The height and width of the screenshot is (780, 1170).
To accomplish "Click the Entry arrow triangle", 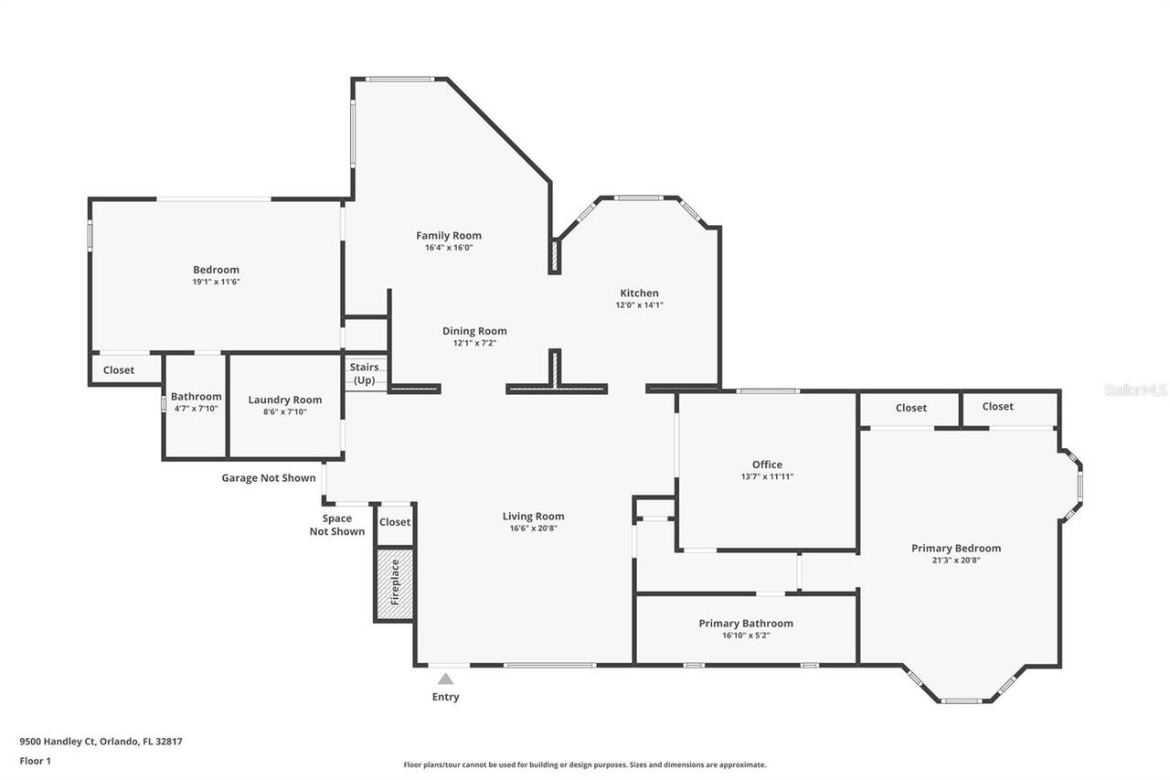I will tap(445, 678).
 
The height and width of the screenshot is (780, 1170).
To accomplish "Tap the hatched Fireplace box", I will tap(395, 584).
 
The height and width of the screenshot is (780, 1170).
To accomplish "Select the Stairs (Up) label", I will tap(365, 373).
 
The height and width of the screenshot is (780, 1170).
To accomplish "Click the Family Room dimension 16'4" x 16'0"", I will tap(448, 248).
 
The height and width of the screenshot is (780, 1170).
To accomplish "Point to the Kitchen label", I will tap(639, 293).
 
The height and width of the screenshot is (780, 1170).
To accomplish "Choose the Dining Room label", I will tap(474, 331).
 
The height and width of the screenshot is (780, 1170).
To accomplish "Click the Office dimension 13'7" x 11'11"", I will tap(767, 476).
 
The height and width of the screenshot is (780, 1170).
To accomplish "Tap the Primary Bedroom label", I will tap(955, 548).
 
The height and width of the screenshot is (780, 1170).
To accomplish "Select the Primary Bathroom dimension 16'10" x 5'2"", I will tap(746, 636).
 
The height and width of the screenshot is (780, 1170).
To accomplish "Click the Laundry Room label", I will tap(285, 400).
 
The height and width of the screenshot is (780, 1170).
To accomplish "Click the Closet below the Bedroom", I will tap(119, 370).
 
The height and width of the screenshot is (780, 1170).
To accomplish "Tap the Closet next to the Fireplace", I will tap(395, 522).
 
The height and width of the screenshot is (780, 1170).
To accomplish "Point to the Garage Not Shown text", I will tap(269, 478).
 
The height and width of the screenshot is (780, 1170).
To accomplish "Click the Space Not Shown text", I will tap(337, 525).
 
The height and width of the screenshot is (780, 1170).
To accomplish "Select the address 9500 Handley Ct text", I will tap(101, 742).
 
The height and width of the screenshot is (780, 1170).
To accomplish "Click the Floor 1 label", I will tap(36, 760).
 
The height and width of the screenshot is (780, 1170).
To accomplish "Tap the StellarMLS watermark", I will tap(1134, 390).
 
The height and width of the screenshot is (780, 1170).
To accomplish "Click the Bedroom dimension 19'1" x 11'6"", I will tap(216, 282).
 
